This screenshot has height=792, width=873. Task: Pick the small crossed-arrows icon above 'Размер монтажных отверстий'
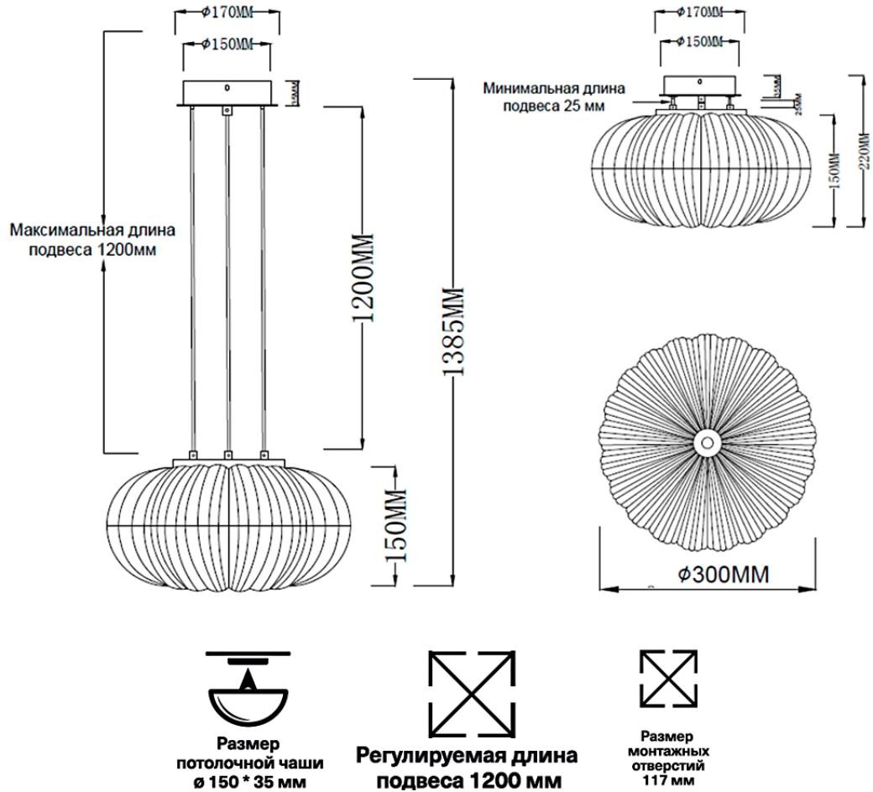click(x=668, y=677)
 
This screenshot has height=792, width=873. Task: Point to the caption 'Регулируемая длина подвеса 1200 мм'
click(x=468, y=767)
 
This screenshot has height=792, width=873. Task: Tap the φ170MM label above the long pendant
click(x=226, y=13)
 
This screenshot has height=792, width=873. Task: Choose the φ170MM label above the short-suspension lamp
click(x=700, y=13)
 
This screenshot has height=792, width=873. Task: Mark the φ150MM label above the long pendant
click(x=227, y=44)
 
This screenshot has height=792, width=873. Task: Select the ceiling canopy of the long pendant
click(x=227, y=91)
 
